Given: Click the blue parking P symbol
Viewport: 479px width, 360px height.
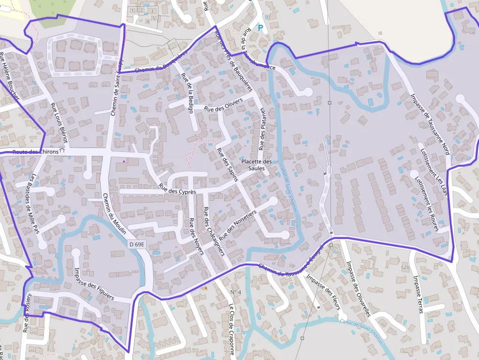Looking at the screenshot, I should pos(261,28).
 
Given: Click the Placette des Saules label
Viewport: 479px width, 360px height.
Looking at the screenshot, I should pos(256,165).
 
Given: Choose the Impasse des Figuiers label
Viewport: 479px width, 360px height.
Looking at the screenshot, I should pos(94,284).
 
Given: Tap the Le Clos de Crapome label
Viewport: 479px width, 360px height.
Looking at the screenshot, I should pos(232,331).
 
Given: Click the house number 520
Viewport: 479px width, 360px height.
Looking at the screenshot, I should pos(405,268).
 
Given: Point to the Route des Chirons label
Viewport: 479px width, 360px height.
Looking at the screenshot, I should pos(35,152).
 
